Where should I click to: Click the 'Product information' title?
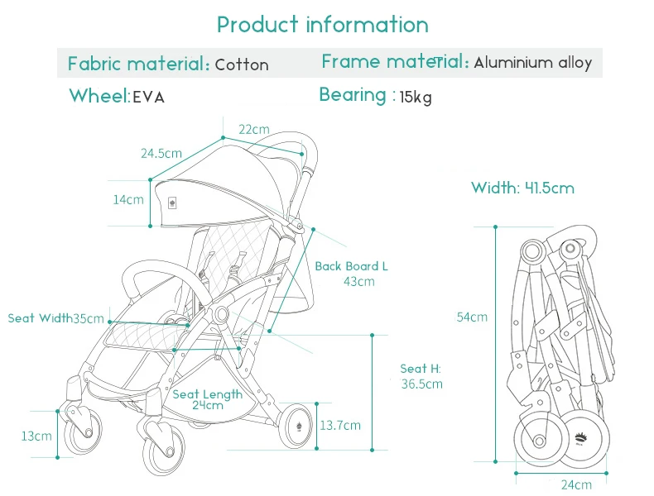tap(322, 25)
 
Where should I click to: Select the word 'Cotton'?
tap(242, 65)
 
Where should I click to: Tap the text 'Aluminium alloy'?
tap(532, 63)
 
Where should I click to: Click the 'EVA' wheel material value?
tap(148, 98)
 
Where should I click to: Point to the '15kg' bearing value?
tap(416, 98)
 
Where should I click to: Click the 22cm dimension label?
tap(254, 130)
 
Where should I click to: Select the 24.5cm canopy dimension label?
tap(161, 153)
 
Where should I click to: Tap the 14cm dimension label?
tap(128, 199)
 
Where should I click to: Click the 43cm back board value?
tap(359, 282)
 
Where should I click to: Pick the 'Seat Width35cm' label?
tap(56, 318)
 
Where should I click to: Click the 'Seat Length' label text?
tap(207, 394)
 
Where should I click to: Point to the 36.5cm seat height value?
tap(421, 384)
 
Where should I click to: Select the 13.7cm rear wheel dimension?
tap(340, 425)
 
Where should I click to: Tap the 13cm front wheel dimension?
tap(36, 436)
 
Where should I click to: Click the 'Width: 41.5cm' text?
tap(522, 188)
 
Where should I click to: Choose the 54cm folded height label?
tap(472, 317)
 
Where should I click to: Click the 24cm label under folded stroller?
tap(576, 484)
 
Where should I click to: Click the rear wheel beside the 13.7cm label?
tap(297, 426)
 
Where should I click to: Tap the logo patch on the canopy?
tap(172, 203)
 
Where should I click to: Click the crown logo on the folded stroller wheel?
tap(580, 439)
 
